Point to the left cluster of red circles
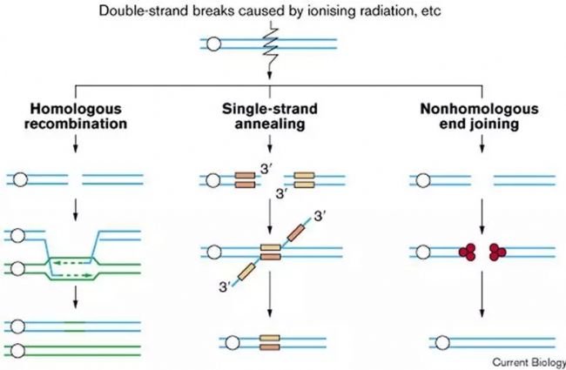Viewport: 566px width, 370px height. pyautogui.click(x=467, y=252)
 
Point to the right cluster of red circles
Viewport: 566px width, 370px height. pyautogui.click(x=499, y=252)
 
